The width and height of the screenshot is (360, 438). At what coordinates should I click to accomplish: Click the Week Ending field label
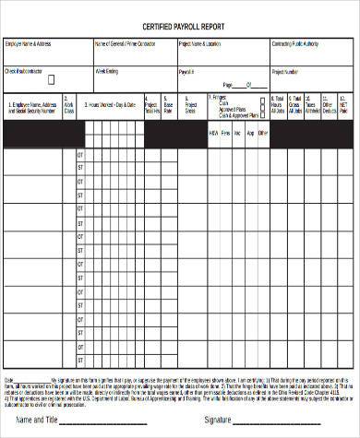[107, 70]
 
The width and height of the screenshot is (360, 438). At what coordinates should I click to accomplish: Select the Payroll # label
[186, 70]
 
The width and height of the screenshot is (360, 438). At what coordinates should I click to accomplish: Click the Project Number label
[284, 70]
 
